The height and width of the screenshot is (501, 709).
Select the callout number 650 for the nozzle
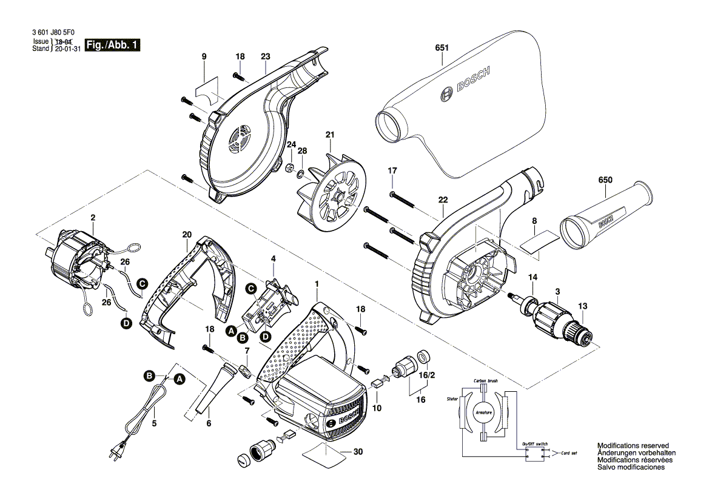[605, 180]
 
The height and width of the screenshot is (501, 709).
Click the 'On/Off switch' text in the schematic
[535, 444]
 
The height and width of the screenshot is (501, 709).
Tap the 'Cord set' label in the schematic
[570, 453]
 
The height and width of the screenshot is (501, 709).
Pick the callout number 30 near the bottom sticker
[357, 451]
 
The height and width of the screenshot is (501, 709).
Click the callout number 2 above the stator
[93, 218]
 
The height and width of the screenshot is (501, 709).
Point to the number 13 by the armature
[583, 306]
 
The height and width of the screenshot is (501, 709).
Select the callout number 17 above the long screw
[392, 170]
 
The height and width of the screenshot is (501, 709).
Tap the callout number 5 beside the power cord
[154, 423]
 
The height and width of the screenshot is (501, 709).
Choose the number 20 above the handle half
[187, 234]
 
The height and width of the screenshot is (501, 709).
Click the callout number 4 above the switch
[274, 258]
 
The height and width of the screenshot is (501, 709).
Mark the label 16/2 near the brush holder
[428, 375]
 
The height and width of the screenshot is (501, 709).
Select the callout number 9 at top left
[204, 56]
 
